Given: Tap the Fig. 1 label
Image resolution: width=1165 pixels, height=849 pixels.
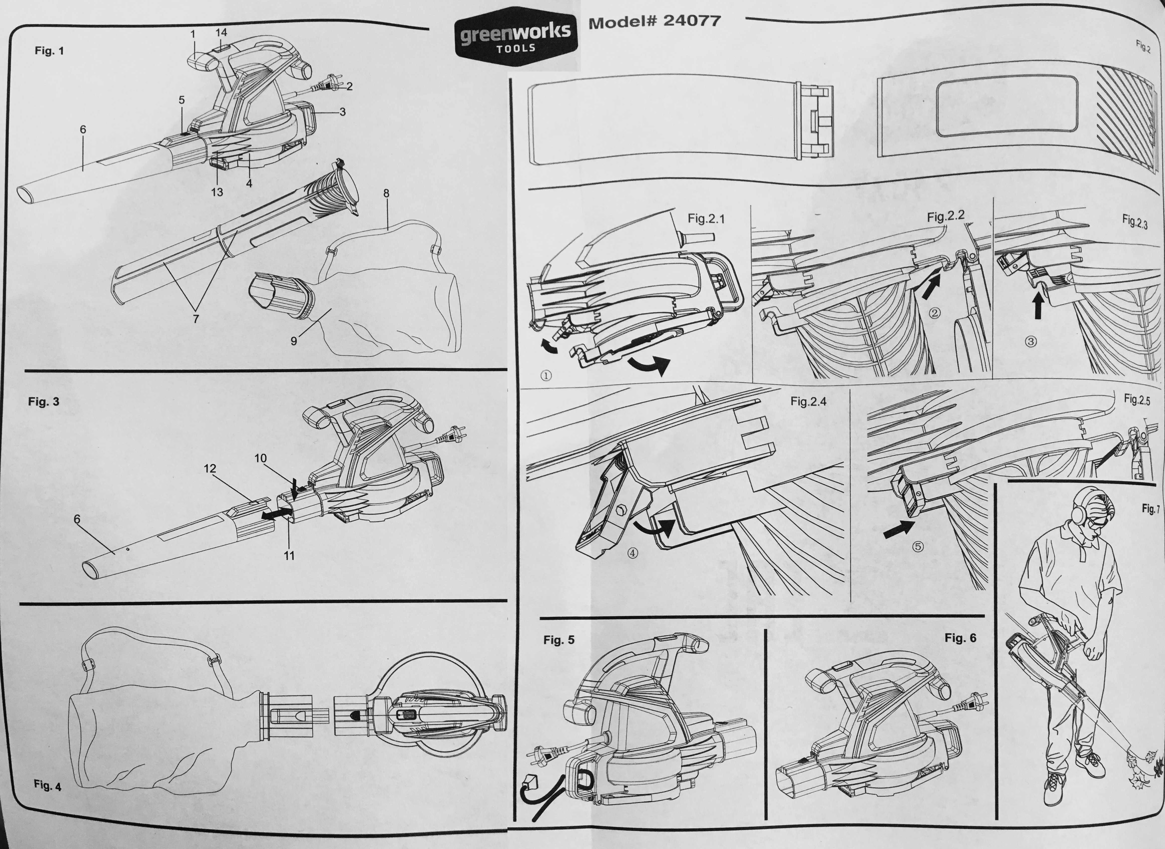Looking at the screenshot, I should click(49, 51).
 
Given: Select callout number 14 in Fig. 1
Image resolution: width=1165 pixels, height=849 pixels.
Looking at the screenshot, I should click(221, 32).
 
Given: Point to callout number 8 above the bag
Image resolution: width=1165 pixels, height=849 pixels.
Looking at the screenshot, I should click(386, 193).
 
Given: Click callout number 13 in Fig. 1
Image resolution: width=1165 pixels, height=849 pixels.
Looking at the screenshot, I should click(217, 192).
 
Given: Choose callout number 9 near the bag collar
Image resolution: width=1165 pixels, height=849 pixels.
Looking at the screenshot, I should click(293, 341).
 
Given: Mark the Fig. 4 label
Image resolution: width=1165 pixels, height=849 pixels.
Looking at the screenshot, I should click(47, 785).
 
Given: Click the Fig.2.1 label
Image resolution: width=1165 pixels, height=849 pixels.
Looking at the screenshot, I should click(706, 219).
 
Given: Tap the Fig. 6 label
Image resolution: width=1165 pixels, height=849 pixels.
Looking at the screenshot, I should click(960, 638).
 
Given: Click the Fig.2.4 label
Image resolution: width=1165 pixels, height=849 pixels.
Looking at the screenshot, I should click(808, 401).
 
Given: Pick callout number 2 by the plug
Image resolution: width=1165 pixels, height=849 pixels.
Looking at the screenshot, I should click(350, 86).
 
